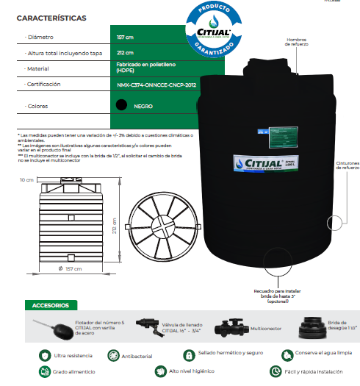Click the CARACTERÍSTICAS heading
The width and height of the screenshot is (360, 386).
tap(51, 18)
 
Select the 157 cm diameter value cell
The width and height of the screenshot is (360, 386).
tap(125, 36)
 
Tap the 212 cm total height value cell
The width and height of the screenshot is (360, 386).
tap(125, 52)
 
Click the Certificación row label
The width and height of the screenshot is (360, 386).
tap(43, 85)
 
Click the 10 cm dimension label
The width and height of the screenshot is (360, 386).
tap(26, 179)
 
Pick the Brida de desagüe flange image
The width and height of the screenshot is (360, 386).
tap(312, 328)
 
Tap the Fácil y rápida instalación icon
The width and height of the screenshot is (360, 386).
tap(276, 371)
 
